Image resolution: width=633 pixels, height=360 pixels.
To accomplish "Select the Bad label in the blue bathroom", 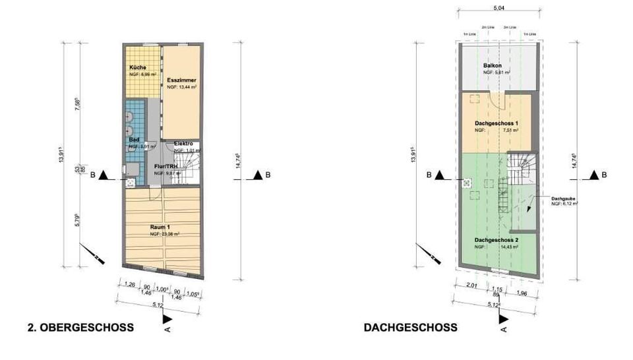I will pyautogui.click(x=133, y=139).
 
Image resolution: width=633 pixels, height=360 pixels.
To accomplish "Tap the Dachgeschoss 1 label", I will pyautogui.click(x=495, y=123).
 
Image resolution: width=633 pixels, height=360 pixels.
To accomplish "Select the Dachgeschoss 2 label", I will pyautogui.click(x=495, y=239).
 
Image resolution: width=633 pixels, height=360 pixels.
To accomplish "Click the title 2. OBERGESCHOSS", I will pyautogui.click(x=81, y=327).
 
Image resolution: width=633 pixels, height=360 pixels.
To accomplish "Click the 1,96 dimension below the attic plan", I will pyautogui.click(x=522, y=293).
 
